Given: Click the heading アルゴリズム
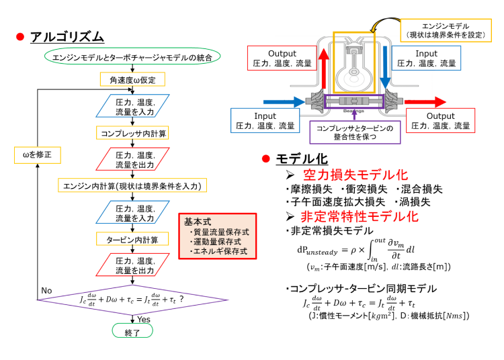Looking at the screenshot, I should tap(67, 36).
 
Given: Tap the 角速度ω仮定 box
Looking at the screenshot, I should tap(132, 81).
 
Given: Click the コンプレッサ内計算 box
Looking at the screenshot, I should tap(132, 132).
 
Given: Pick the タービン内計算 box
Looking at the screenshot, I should tap(132, 239).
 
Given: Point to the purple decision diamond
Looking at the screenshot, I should tap(132, 298).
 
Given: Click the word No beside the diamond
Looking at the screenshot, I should tap(46, 290).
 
